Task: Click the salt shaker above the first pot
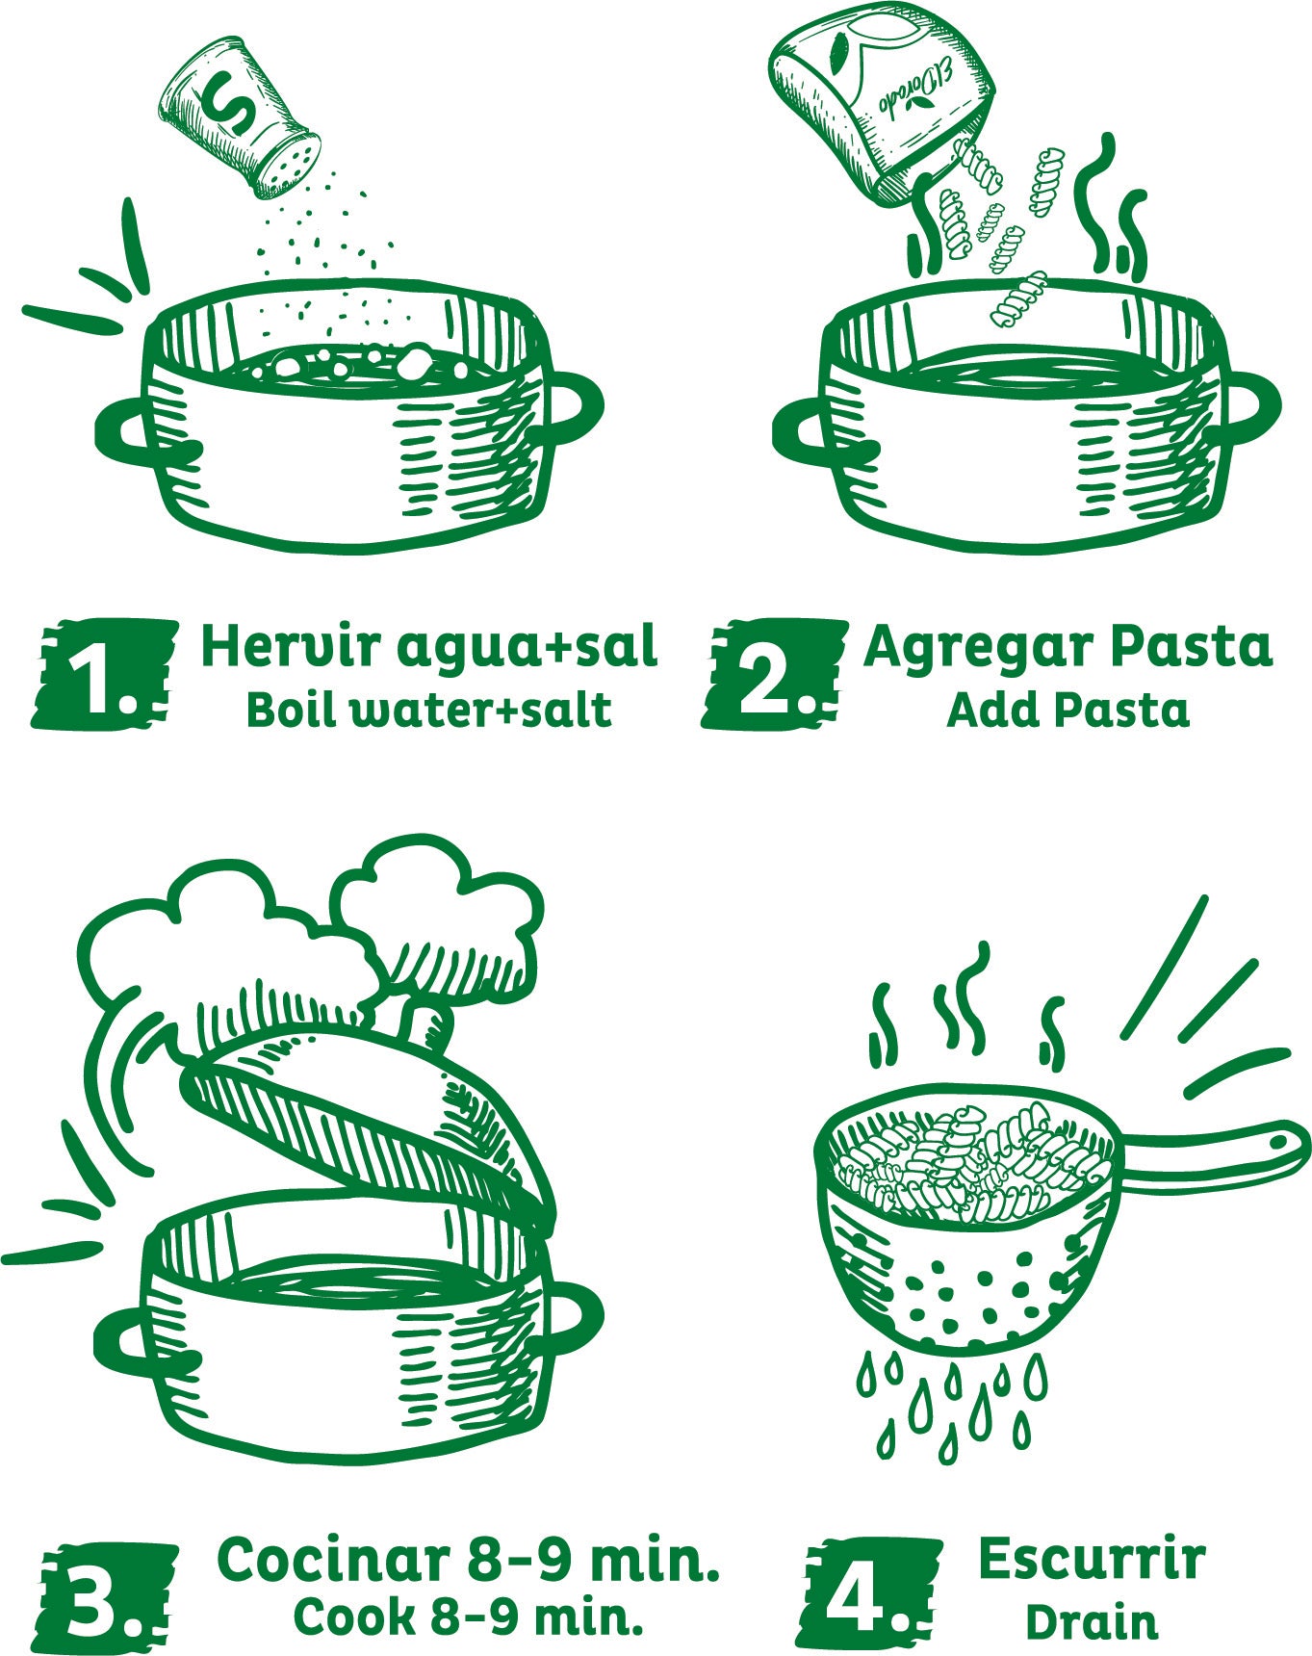point(241,117)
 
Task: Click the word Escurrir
point(1091,1559)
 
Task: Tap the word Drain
point(1091,1622)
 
